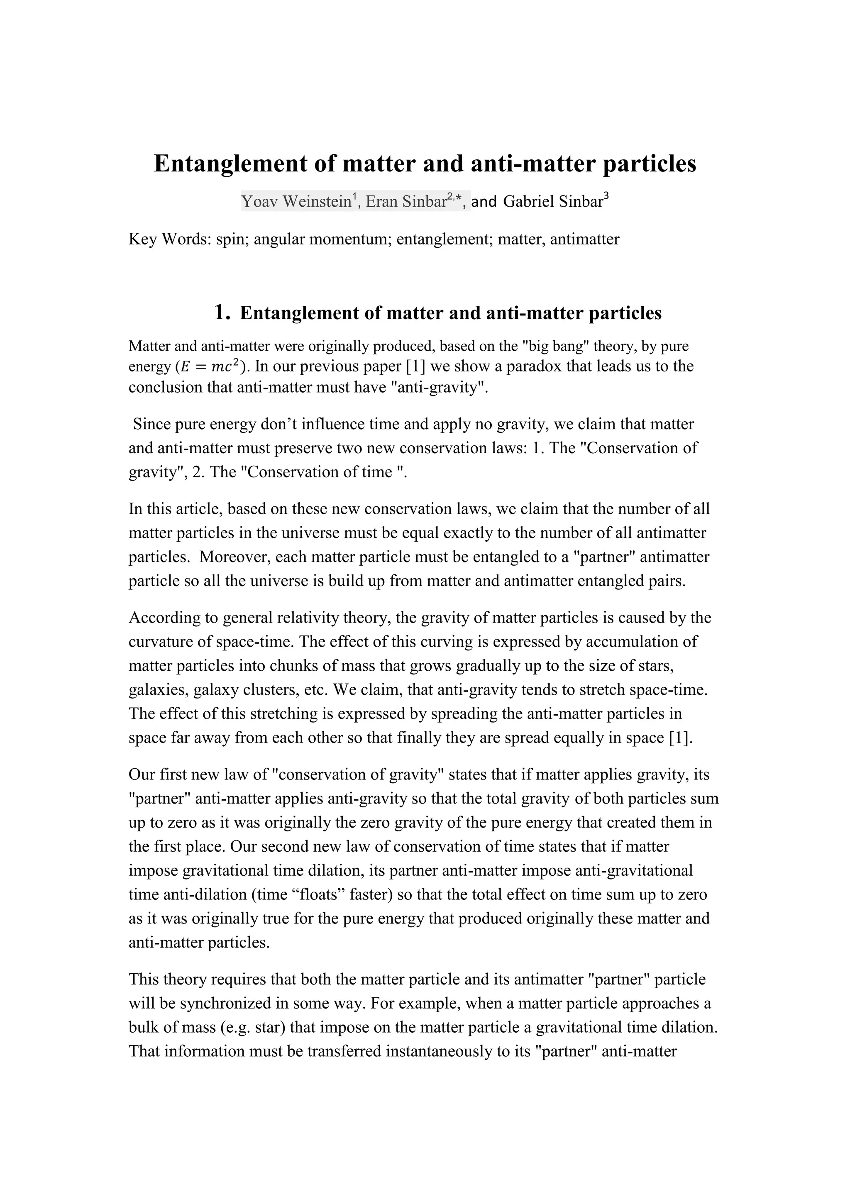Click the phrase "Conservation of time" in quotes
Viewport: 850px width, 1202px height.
tap(323, 472)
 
